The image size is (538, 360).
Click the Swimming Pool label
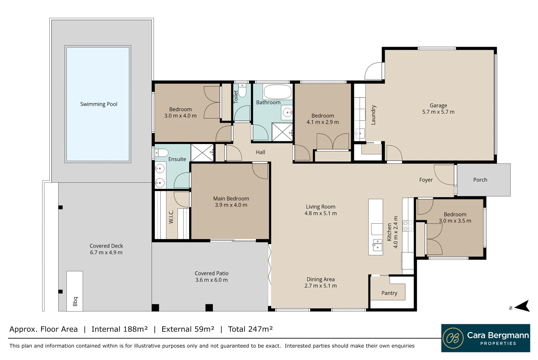tap(99, 104)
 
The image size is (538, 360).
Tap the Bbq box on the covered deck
tap(75, 291)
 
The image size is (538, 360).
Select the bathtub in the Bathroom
tap(277, 92)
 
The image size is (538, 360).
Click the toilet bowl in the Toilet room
tap(242, 91)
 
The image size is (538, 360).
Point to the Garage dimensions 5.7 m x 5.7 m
tap(438, 112)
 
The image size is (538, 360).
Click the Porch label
tap(480, 180)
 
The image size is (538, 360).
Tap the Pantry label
tap(389, 293)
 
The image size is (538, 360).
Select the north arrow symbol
tap(522, 306)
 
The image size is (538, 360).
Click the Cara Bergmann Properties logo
tap(486, 338)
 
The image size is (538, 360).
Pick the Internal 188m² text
tap(119, 329)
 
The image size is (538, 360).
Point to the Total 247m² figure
tap(250, 329)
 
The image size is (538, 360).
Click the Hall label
tap(261, 152)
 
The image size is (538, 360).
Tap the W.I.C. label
tap(171, 217)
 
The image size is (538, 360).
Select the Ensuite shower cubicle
tap(202, 153)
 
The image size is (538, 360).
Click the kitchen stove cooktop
tap(408, 226)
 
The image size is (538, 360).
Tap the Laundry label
tap(373, 115)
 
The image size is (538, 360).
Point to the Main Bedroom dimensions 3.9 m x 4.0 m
tap(231, 205)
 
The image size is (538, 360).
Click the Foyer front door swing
tap(444, 175)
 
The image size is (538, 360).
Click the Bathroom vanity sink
tap(287, 112)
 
